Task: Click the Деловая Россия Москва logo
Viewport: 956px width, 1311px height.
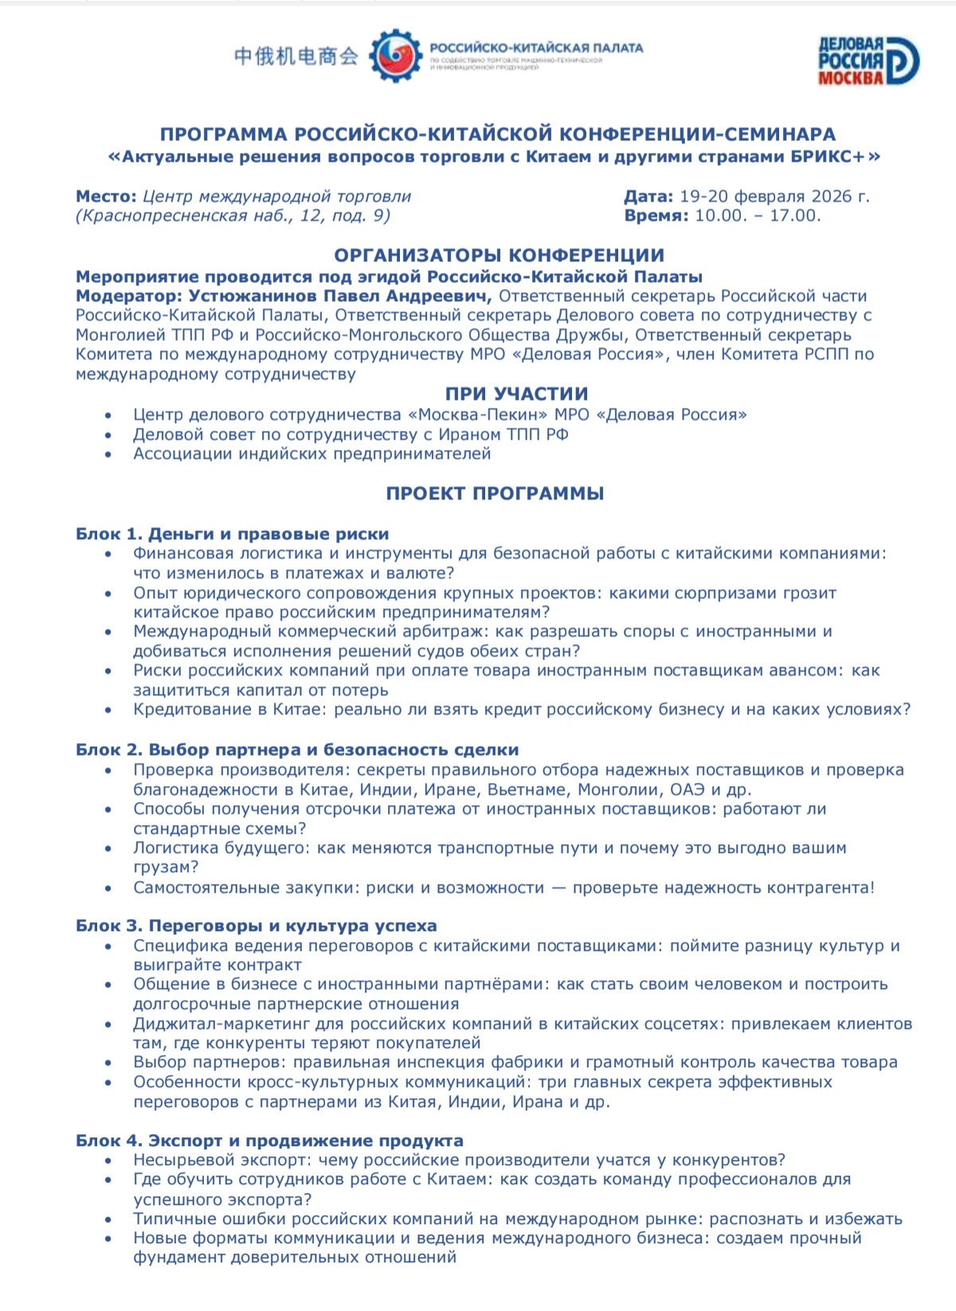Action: (868, 60)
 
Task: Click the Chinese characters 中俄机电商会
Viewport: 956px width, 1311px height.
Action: (296, 56)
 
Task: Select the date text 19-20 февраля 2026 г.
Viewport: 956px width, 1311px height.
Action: (774, 196)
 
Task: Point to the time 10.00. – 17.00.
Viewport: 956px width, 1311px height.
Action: (757, 215)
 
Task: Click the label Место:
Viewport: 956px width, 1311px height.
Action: (106, 196)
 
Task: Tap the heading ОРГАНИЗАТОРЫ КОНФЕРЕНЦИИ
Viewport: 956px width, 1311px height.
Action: (499, 255)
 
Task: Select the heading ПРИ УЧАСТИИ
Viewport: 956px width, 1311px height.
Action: (516, 393)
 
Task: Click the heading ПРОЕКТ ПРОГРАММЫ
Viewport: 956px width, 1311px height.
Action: (495, 493)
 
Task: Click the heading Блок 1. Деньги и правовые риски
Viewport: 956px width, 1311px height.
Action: (232, 534)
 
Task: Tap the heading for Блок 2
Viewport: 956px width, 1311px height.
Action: (297, 749)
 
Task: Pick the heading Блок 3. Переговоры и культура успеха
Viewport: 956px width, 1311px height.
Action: (256, 926)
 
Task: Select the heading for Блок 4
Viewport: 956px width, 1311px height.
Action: (269, 1140)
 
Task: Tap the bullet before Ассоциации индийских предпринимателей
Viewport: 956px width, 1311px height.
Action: (108, 455)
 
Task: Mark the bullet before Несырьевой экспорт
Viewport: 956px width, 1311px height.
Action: (108, 1160)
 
